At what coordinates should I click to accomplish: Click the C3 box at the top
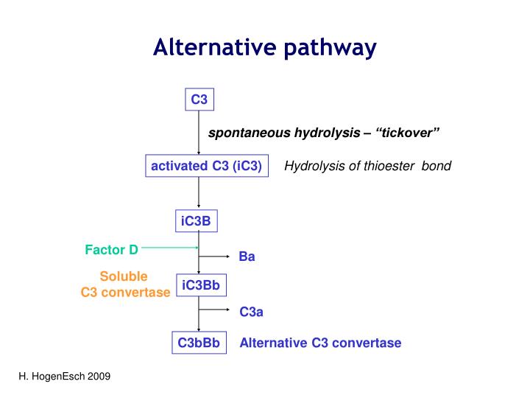(x=199, y=99)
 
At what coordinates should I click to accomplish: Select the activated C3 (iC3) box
(x=206, y=166)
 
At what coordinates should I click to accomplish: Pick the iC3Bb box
(x=201, y=284)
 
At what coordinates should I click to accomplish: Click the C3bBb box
(x=199, y=343)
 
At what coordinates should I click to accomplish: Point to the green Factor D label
(x=111, y=250)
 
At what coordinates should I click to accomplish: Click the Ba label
(x=247, y=257)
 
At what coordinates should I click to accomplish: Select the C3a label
(x=251, y=312)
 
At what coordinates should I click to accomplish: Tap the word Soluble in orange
(x=124, y=276)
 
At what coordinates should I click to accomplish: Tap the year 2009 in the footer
(x=99, y=377)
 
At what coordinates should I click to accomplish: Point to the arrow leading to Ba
(x=214, y=256)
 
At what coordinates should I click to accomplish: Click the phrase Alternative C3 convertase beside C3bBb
(x=320, y=343)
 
